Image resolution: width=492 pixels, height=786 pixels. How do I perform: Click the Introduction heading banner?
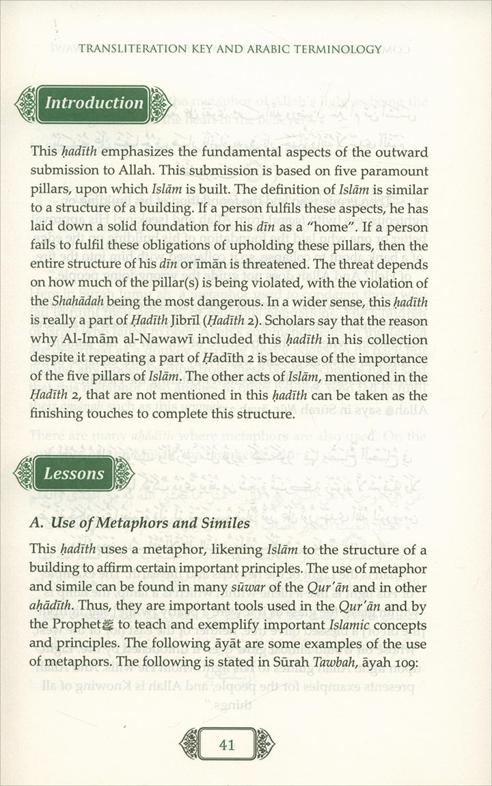click(x=94, y=104)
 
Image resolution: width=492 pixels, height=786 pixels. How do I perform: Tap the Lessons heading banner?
click(x=74, y=473)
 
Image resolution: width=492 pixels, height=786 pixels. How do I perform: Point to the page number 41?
click(x=227, y=744)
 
